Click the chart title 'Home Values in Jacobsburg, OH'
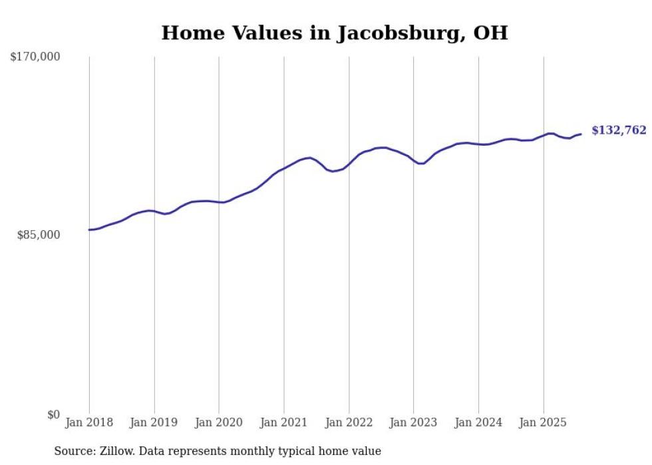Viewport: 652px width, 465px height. point(334,33)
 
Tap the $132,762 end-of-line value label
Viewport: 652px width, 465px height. point(619,130)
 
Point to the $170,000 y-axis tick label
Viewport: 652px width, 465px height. point(35,57)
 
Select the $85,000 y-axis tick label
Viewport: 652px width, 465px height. point(39,235)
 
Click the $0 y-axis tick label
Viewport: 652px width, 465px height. point(53,414)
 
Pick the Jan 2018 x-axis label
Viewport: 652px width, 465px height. point(89,422)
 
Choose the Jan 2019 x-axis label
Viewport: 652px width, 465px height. point(154,422)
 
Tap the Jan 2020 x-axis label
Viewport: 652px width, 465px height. point(219,422)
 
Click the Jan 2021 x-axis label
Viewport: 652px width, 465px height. point(284,422)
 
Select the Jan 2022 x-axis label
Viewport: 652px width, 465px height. point(349,422)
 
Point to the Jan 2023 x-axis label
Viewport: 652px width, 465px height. point(414,422)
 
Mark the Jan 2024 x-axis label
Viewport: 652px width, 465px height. point(478,422)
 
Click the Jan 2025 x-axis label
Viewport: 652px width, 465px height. point(544,422)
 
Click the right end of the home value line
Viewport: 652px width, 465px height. point(581,134)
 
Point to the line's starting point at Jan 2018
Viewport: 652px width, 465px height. point(89,230)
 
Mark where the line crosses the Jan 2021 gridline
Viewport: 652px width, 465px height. point(284,168)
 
